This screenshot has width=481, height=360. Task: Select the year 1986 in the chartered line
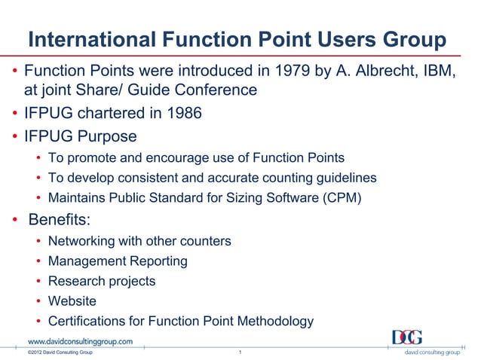[x=182, y=115]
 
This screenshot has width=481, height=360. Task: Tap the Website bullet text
[x=72, y=301]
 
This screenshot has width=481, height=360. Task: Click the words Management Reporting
[x=118, y=261]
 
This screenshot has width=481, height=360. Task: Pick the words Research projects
[x=102, y=281]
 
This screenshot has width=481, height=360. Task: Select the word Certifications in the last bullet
[x=87, y=321]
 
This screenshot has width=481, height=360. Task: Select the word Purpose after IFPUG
[x=110, y=136]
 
